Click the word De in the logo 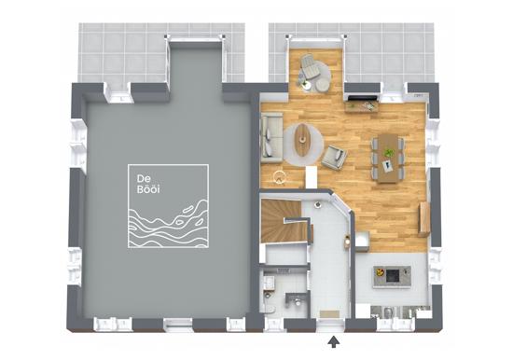[144, 179]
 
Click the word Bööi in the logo [148, 190]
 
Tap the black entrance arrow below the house [333, 341]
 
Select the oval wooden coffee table [303, 141]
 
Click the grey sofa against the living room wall [271, 138]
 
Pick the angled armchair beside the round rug [334, 157]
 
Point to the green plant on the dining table [389, 153]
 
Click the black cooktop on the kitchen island [393, 275]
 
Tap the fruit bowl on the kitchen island [380, 271]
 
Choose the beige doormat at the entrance [329, 314]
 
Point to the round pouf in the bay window [323, 85]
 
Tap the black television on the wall [361, 98]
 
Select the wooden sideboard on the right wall [423, 219]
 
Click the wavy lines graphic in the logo [169, 222]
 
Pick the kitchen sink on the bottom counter [387, 312]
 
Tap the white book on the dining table [389, 166]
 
